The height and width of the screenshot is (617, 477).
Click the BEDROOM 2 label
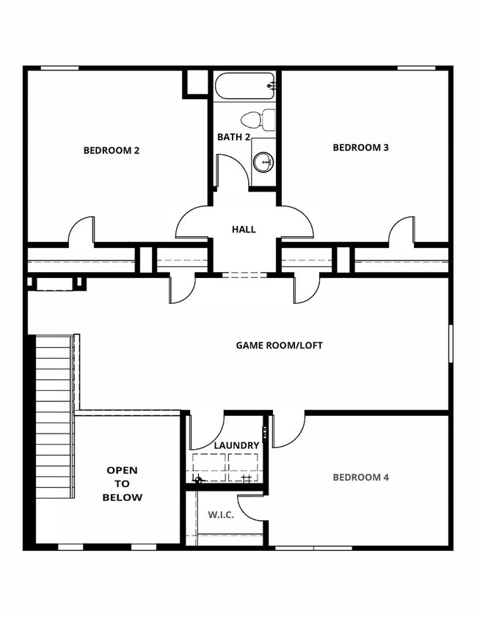pos(112,150)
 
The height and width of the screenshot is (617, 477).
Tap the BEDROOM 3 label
pos(360,147)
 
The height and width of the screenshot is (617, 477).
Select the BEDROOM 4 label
pos(360,478)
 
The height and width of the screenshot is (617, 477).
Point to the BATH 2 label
pos(234,137)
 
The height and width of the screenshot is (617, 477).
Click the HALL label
pos(244,230)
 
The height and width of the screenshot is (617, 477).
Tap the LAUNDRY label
pos(236,445)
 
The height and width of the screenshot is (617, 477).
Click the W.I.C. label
pos(221,514)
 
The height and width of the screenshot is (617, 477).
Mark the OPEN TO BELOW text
pos(122,483)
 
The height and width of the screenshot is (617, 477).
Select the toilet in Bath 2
pos(257,119)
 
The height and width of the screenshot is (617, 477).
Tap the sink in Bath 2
pos(263,160)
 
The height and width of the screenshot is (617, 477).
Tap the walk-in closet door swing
pos(252,506)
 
